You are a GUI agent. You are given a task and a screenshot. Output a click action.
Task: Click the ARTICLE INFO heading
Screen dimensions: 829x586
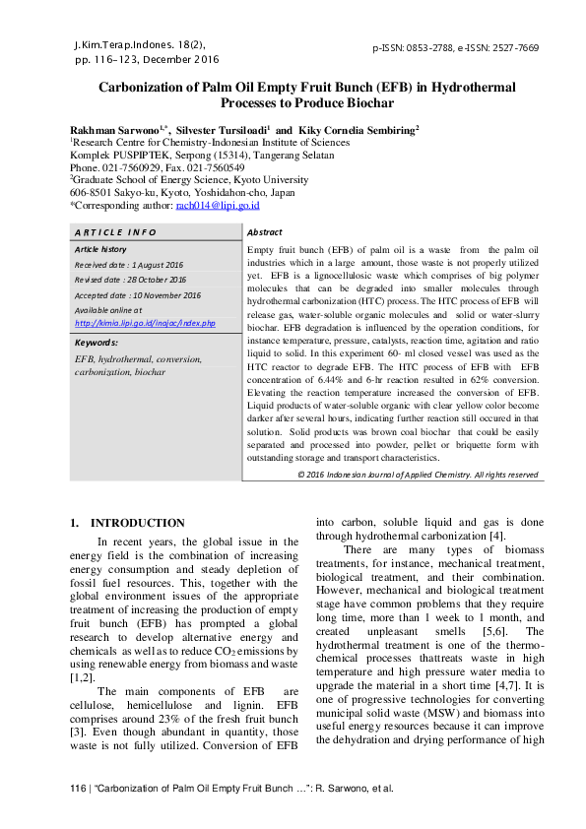115,232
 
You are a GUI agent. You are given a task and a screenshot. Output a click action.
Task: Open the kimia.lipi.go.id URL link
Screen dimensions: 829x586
145,323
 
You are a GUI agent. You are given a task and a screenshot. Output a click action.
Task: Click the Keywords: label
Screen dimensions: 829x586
97,343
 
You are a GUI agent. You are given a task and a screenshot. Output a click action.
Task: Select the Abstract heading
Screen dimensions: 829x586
265,232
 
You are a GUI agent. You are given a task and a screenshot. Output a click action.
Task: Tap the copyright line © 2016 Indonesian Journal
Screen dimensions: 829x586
418,475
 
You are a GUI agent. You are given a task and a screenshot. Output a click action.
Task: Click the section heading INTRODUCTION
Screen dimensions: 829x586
137,523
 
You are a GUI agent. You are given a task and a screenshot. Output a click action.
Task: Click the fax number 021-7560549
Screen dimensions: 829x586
211,167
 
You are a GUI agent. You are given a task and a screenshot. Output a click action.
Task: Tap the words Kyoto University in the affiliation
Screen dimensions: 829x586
279,180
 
